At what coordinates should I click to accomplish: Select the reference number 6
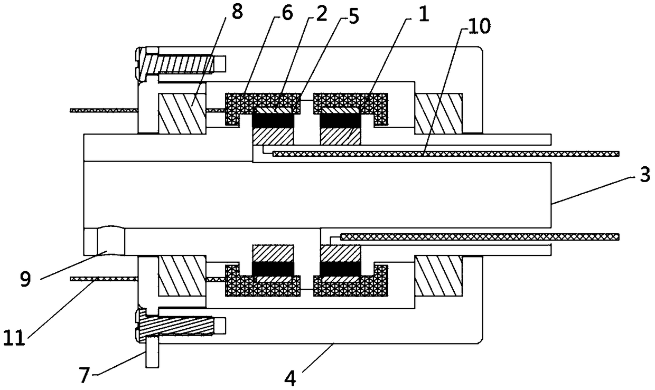288,15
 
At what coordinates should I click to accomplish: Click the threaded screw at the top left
180,64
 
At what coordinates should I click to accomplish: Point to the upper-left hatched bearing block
182,113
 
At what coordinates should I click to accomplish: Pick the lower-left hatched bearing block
182,275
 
